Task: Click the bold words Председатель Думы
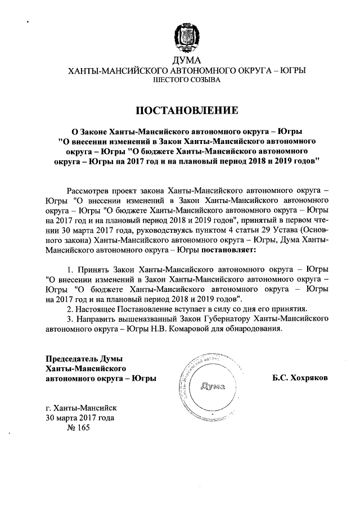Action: pyautogui.click(x=84, y=359)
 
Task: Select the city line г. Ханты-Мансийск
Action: pyautogui.click(x=80, y=408)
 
